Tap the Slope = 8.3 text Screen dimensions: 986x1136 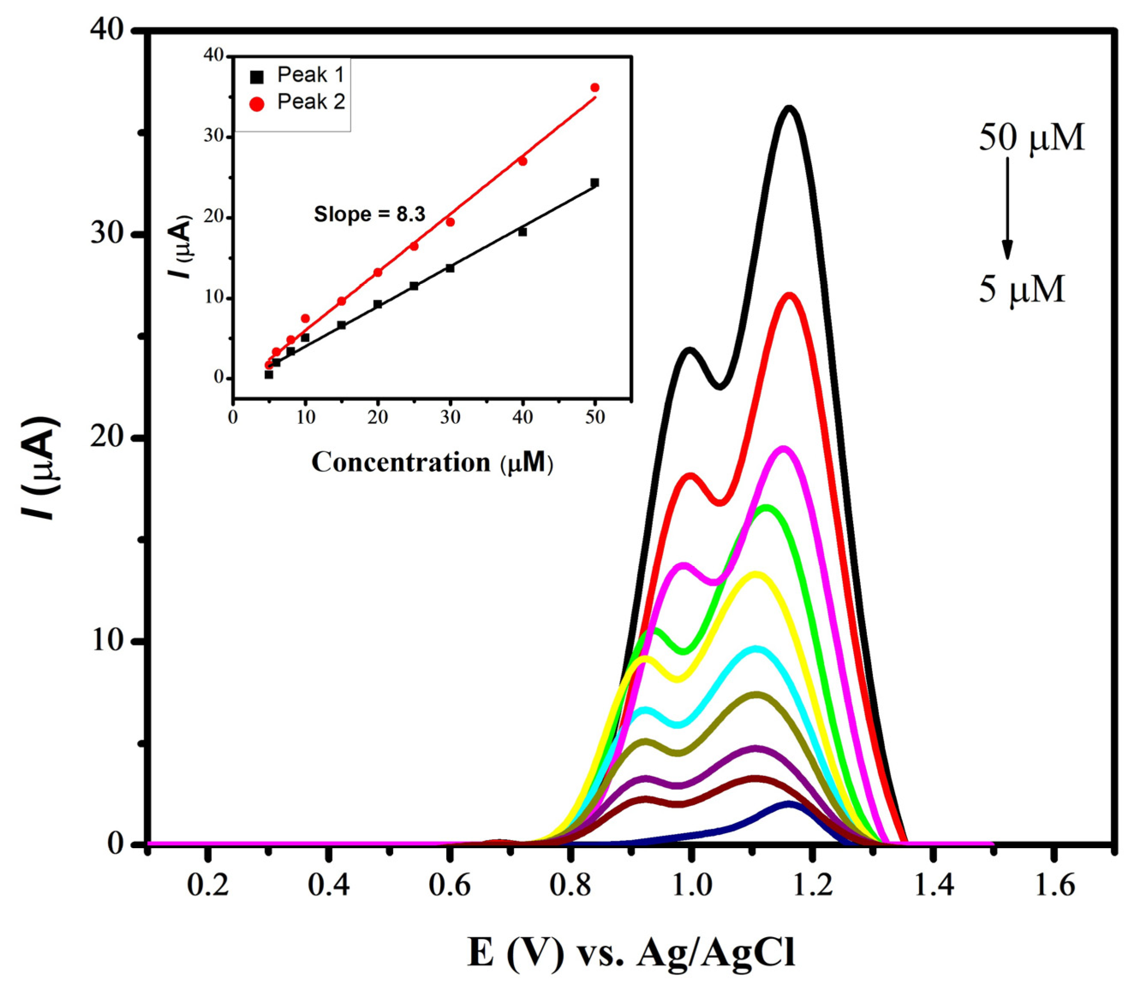[x=369, y=214]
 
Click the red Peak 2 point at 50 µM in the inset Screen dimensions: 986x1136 [x=595, y=87]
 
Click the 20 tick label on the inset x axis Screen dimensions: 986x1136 [x=377, y=417]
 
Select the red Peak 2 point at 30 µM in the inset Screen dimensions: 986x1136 [x=450, y=222]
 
